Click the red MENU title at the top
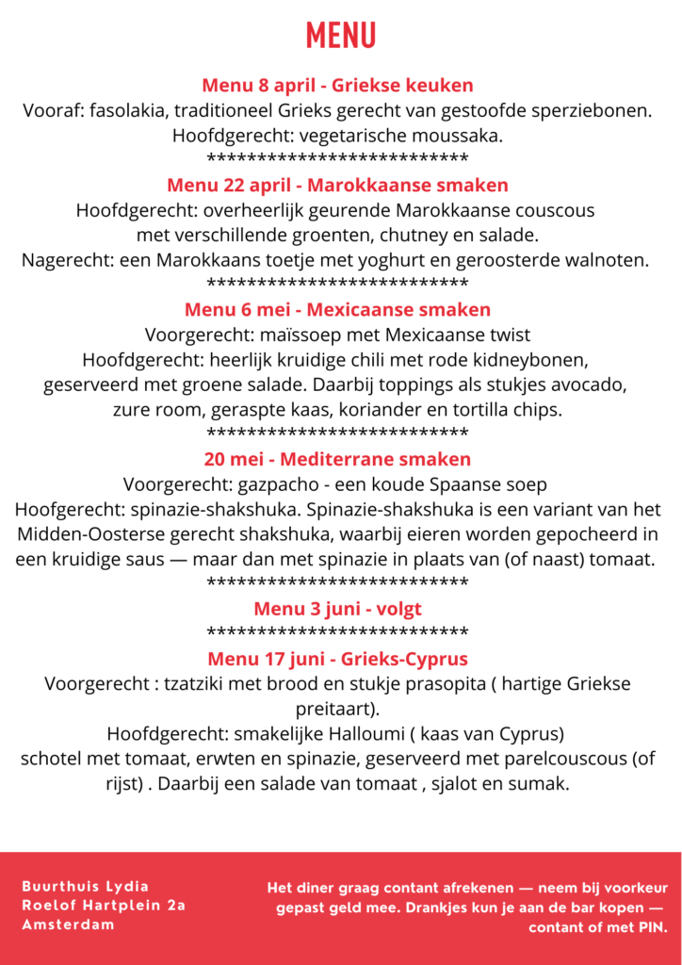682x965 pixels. (x=340, y=36)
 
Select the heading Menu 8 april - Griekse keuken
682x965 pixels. (x=337, y=86)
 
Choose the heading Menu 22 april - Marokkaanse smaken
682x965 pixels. (x=337, y=185)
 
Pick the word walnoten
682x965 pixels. (x=603, y=259)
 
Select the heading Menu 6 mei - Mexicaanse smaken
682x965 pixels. (x=337, y=309)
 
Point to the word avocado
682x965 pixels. (x=591, y=384)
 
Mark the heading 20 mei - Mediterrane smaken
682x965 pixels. (x=337, y=460)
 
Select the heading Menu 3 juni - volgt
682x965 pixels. (x=337, y=609)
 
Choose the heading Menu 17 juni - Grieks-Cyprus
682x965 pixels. (x=337, y=659)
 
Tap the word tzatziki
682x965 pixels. (x=199, y=683)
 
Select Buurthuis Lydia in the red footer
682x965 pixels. (x=86, y=886)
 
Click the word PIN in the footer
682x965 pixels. (x=647, y=927)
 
